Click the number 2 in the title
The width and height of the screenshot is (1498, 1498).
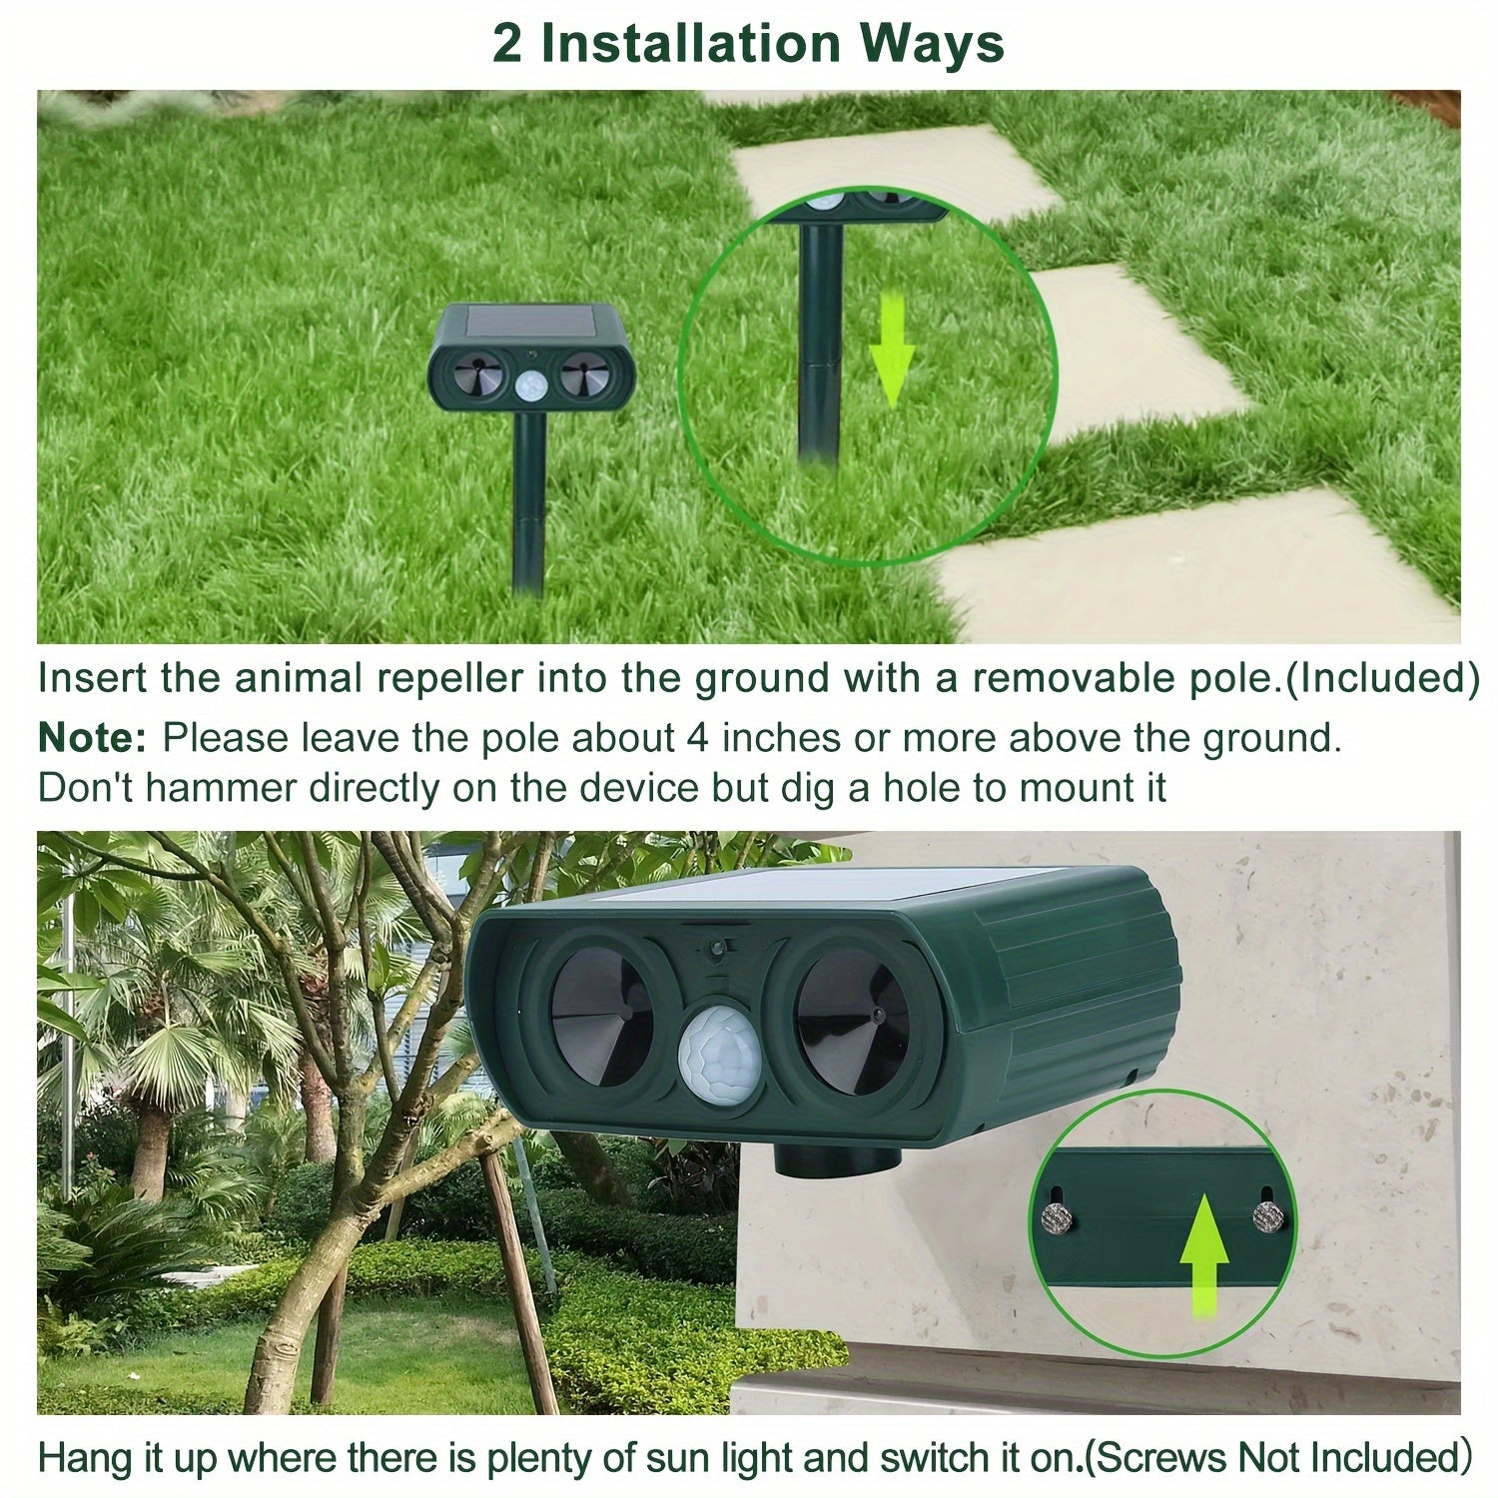(x=506, y=44)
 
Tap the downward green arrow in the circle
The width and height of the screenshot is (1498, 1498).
(x=891, y=353)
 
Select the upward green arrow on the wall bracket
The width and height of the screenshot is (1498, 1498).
(x=1204, y=1252)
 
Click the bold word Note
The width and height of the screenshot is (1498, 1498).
(x=92, y=739)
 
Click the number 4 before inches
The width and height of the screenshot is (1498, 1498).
(x=698, y=739)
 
